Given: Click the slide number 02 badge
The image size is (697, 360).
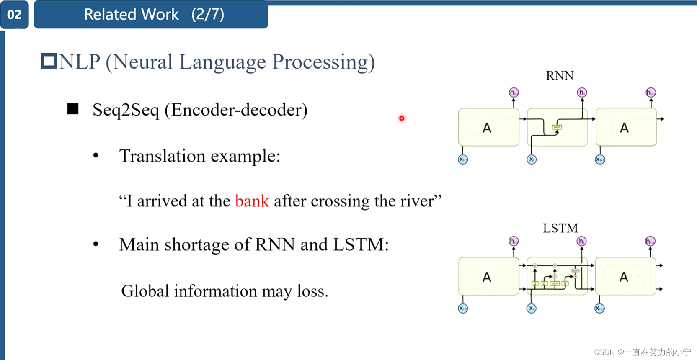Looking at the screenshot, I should click(x=14, y=15).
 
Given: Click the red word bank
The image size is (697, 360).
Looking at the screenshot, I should click(x=252, y=201).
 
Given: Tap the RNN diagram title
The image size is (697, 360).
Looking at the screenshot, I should click(x=560, y=76).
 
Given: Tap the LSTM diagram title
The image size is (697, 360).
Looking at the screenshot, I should click(x=560, y=228).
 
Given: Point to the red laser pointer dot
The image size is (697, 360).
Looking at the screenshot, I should click(x=401, y=118).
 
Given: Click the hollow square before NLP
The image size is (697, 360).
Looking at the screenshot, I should click(x=49, y=61).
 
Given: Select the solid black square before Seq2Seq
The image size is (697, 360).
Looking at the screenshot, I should click(x=73, y=109).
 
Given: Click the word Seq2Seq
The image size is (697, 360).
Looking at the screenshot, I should click(x=126, y=110).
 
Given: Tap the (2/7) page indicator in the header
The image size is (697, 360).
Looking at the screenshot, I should click(x=208, y=15).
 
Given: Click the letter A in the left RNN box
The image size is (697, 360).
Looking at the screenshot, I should click(x=487, y=128).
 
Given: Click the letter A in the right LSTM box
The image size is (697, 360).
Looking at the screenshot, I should click(x=624, y=277).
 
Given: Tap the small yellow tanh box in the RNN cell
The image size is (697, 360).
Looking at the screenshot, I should click(x=557, y=127).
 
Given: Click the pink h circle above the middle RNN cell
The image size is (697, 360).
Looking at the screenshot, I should click(x=582, y=93).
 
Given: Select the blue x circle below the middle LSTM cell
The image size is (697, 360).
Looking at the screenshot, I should click(x=531, y=309).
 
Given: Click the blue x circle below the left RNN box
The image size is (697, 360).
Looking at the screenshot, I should click(x=463, y=159).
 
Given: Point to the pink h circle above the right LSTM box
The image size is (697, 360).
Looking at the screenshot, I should click(x=650, y=241).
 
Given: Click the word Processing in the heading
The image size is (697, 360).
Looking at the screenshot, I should click(x=323, y=62).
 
